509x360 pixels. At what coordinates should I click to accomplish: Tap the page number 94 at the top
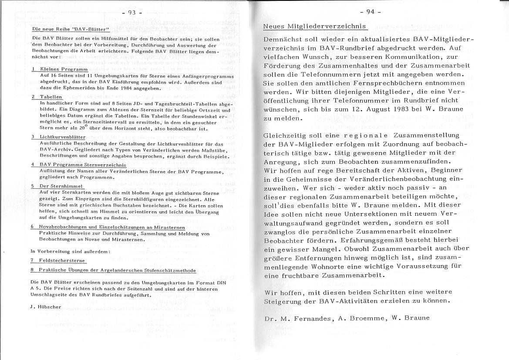371,12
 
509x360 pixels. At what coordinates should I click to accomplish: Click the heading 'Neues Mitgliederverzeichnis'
315,27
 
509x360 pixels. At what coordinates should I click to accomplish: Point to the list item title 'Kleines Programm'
64,69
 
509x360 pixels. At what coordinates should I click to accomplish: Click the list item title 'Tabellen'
51,97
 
